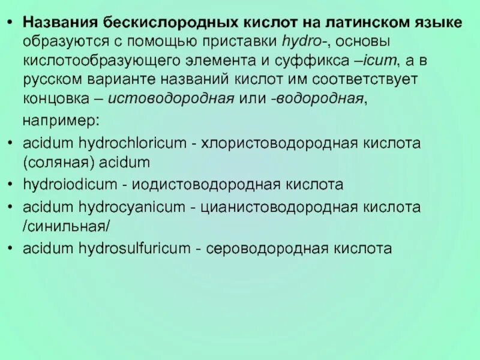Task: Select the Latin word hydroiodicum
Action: (x=62, y=184)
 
